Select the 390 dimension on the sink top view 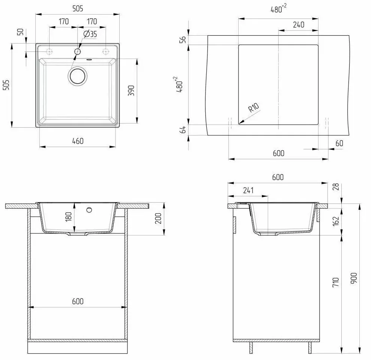pos(131,91)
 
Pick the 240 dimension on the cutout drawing pos(298,25)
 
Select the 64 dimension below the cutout pos(183,130)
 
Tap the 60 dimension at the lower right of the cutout pos(339,143)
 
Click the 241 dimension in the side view pos(248,190)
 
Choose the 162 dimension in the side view pos(336,221)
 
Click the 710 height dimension pos(336,282)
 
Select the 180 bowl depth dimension pos(68,217)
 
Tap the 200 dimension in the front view pos(158,217)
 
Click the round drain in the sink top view pos(78,75)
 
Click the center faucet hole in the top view pos(78,51)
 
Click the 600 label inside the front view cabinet pos(77,301)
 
